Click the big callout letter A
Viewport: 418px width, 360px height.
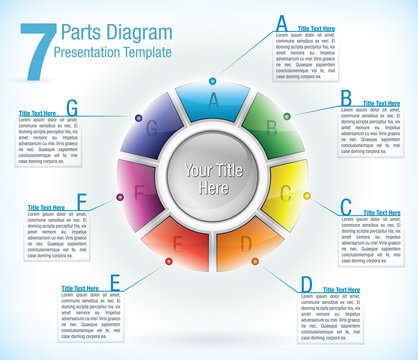click(x=281, y=22)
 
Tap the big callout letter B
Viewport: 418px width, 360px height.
click(x=345, y=97)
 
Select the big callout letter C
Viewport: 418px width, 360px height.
click(x=346, y=207)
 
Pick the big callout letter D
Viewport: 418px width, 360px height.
click(x=306, y=284)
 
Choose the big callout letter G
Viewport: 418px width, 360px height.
click(x=72, y=106)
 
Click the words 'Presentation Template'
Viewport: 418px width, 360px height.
click(x=113, y=51)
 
